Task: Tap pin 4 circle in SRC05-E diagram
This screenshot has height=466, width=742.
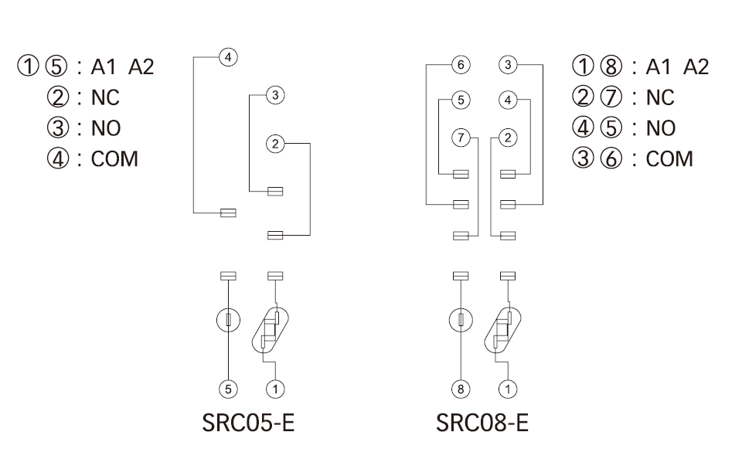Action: [228, 56]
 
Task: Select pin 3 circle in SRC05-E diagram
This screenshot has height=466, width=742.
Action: [275, 95]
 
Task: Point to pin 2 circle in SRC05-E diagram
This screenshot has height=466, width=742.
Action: [275, 143]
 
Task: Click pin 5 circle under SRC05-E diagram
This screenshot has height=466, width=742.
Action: [230, 389]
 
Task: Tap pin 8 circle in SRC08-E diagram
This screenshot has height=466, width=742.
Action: [461, 389]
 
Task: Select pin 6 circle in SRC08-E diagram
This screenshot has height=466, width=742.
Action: [461, 65]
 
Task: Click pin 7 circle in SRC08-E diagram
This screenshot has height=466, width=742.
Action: [461, 138]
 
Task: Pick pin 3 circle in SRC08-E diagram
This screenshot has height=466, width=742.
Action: [507, 65]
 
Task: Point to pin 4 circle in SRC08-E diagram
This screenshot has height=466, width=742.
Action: [507, 100]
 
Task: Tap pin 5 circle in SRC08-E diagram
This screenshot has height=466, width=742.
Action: [461, 100]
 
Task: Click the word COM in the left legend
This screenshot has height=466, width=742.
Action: [114, 159]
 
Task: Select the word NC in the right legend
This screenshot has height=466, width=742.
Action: [660, 97]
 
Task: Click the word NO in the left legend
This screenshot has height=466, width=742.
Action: [106, 128]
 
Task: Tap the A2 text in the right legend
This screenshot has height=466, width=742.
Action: [696, 66]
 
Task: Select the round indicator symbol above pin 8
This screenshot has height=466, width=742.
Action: [461, 320]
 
